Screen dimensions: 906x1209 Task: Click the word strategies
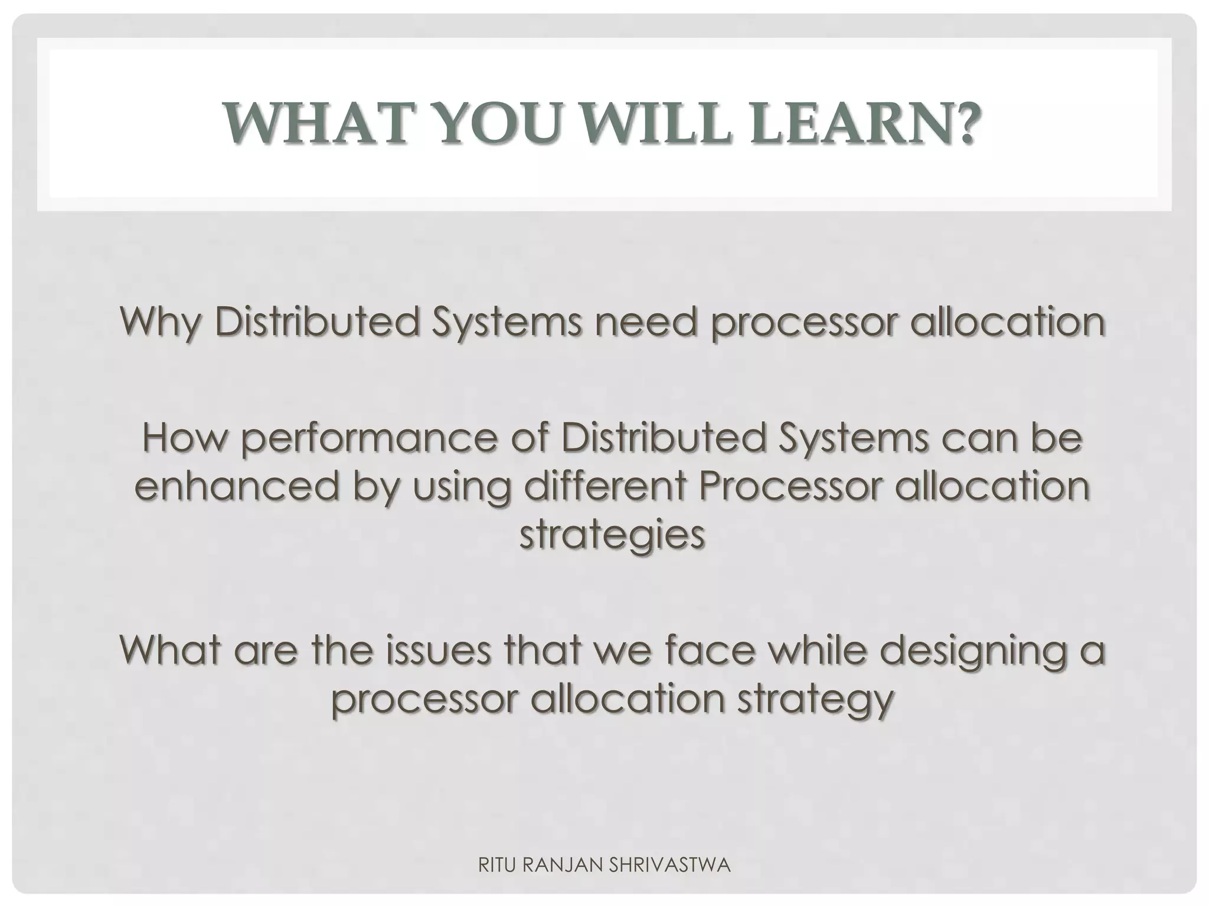tap(612, 536)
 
